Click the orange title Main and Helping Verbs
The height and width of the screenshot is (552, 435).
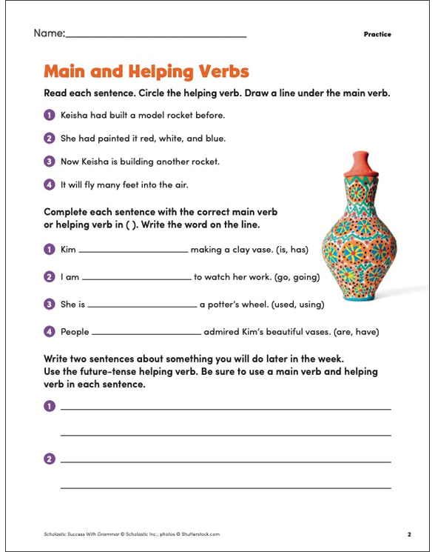point(146,72)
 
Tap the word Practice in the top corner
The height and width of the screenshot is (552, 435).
point(377,34)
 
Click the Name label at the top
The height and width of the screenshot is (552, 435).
point(49,33)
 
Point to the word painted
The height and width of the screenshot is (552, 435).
point(115,138)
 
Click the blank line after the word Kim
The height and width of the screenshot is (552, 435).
point(133,252)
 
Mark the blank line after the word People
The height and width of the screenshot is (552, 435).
point(146,333)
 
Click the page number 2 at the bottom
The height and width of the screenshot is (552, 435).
point(409,533)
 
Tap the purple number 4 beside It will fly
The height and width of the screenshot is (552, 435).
point(50,184)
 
